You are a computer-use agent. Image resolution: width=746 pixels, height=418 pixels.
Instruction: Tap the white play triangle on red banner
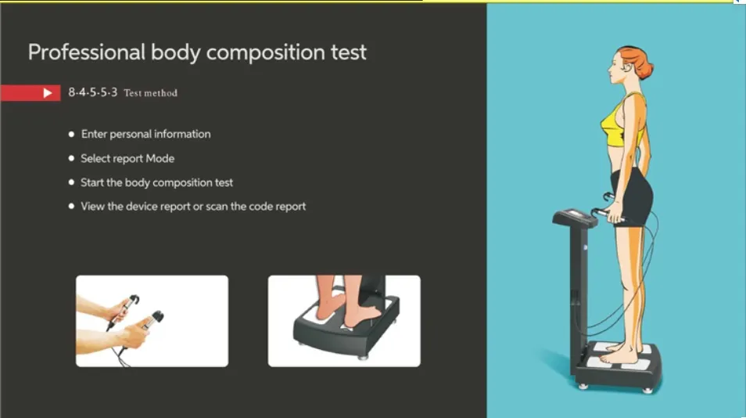coord(48,93)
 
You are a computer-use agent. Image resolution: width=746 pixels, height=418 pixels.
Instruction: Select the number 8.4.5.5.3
coord(92,92)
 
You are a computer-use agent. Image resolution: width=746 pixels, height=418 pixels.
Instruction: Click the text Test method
coord(150,93)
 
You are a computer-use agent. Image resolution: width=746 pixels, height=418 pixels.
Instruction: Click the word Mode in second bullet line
coord(160,159)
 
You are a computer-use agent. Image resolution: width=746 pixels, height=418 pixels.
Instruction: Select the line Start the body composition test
coord(156,183)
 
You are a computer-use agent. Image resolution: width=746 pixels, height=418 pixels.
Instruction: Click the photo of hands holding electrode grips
coord(152,320)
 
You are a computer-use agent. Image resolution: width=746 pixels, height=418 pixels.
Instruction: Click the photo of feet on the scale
coord(344,320)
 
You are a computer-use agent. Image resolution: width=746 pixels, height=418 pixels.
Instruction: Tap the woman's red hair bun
coord(644,64)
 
